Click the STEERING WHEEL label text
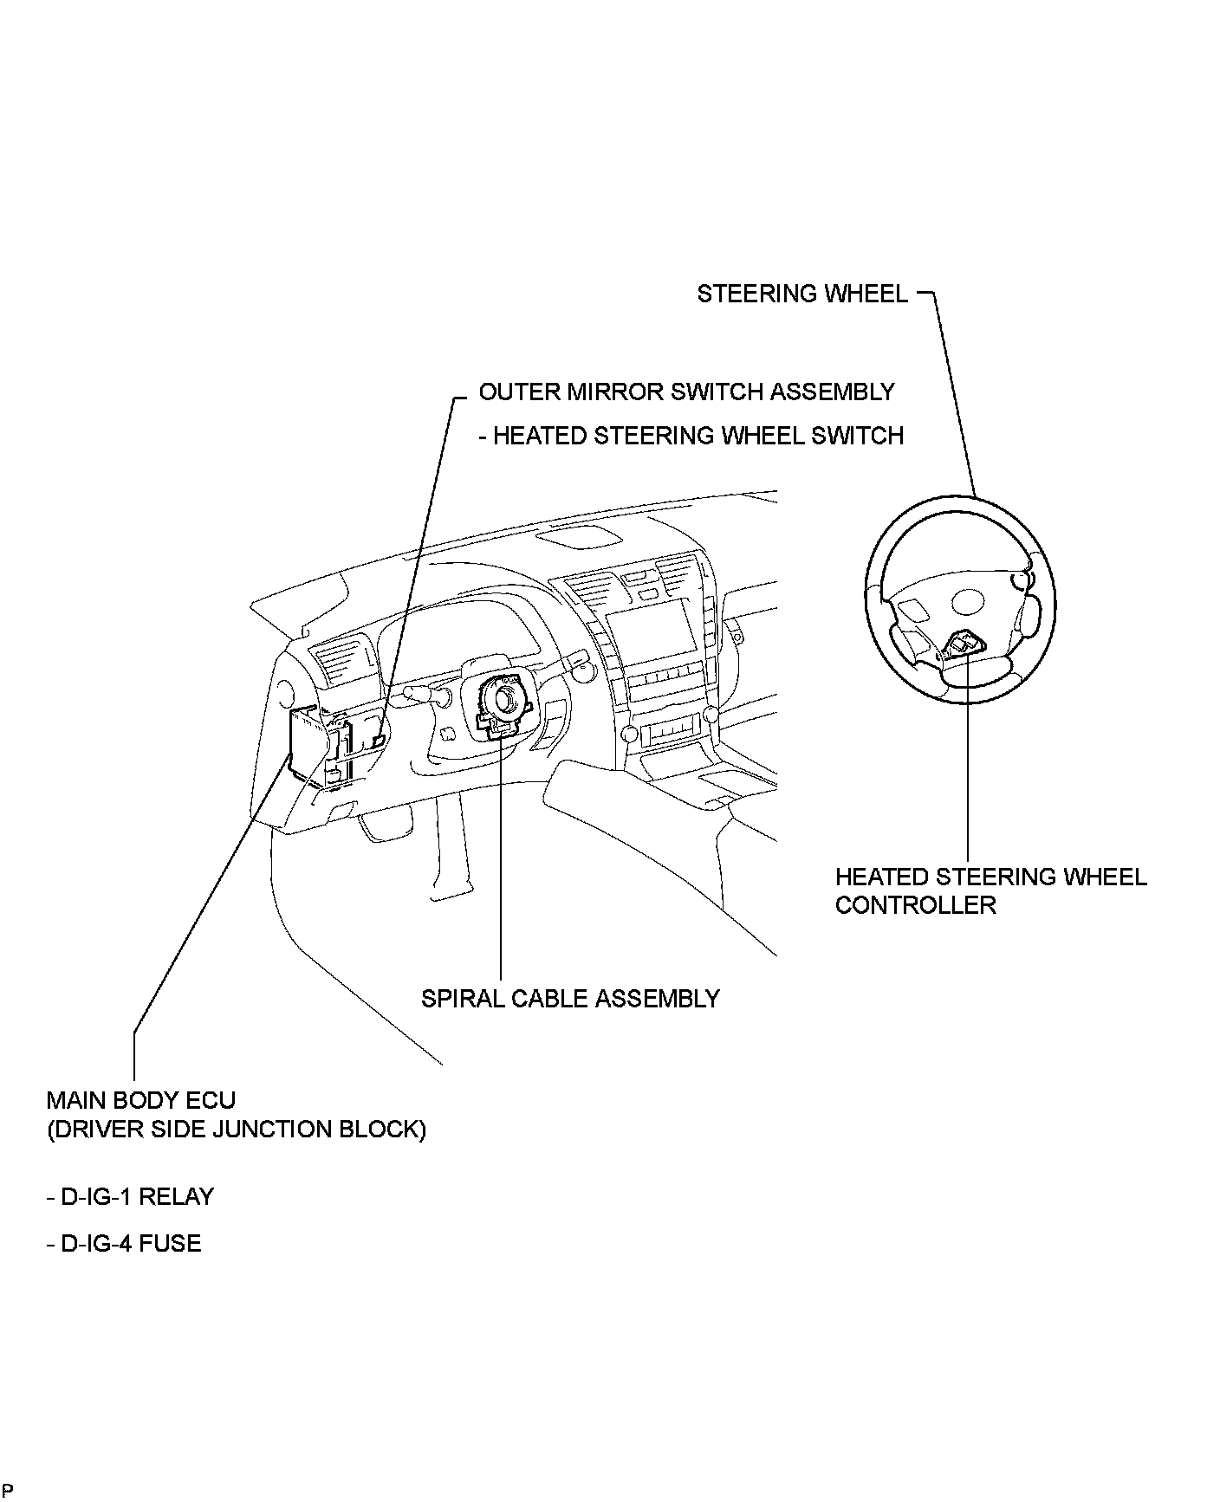(802, 295)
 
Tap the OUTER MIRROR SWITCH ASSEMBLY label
(686, 392)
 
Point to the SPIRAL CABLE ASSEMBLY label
(570, 999)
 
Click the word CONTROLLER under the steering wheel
(915, 906)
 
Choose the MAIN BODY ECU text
(140, 1101)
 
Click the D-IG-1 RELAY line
(130, 1197)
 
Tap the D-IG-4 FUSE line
(124, 1244)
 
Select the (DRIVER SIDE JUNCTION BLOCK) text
(236, 1130)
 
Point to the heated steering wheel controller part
(964, 644)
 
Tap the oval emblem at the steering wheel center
(967, 600)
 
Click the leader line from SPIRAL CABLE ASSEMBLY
(501, 866)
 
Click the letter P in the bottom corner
(7, 1490)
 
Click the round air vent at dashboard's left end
(284, 693)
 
